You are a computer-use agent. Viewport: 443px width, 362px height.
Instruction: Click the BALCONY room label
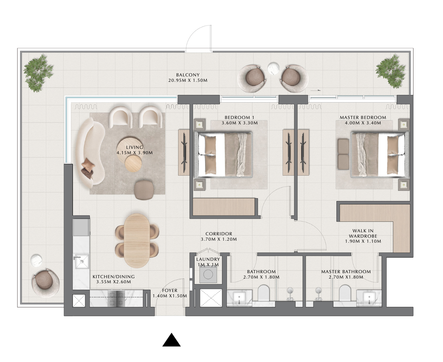(188, 75)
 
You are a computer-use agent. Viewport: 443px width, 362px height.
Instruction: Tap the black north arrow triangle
(171, 340)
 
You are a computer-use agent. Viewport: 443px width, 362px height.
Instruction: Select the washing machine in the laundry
(208, 274)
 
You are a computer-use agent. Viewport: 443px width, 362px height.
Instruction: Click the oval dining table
(137, 240)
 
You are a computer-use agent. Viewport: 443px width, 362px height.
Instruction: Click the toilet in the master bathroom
(345, 293)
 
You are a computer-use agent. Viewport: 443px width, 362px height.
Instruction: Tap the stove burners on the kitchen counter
(116, 298)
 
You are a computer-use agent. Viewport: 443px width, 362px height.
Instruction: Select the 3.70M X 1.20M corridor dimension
(219, 239)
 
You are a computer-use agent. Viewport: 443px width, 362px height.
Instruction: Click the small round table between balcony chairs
(274, 68)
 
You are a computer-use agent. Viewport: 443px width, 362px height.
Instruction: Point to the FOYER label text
(169, 291)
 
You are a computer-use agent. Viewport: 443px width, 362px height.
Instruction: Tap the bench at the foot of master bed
(343, 154)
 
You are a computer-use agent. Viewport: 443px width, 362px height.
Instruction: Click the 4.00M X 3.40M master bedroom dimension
(363, 123)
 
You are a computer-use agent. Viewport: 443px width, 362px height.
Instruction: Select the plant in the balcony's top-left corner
(38, 73)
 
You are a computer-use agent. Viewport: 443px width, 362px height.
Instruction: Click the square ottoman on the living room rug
(144, 190)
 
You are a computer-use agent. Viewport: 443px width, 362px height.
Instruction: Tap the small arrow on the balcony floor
(316, 90)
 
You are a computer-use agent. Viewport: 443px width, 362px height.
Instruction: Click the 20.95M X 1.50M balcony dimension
(188, 80)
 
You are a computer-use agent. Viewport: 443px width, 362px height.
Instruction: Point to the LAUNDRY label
(208, 259)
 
